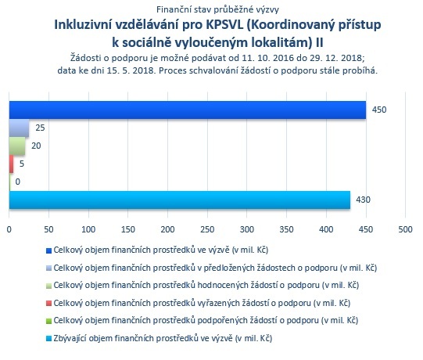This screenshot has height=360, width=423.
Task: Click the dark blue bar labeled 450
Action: click(188, 110)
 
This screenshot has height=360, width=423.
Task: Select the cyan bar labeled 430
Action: click(180, 200)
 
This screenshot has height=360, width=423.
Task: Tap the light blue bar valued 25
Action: click(19, 128)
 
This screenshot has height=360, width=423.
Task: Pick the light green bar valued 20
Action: click(17, 146)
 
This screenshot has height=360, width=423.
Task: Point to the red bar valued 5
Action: click(11, 164)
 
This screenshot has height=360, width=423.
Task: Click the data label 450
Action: click(379, 110)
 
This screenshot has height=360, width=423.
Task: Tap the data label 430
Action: click(363, 200)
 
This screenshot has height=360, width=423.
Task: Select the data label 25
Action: click(40, 128)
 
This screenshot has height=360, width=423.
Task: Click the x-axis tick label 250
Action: click(207, 229)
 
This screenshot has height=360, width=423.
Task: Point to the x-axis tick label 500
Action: click(405, 229)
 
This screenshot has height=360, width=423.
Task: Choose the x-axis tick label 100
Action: click(88, 229)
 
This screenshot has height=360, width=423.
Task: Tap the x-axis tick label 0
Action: click(9, 229)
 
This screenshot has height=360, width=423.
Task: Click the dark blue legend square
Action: click(48, 251)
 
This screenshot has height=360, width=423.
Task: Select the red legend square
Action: click(48, 304)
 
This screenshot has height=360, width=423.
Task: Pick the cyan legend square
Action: click(48, 339)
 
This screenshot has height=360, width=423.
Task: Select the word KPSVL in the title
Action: click(225, 24)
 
